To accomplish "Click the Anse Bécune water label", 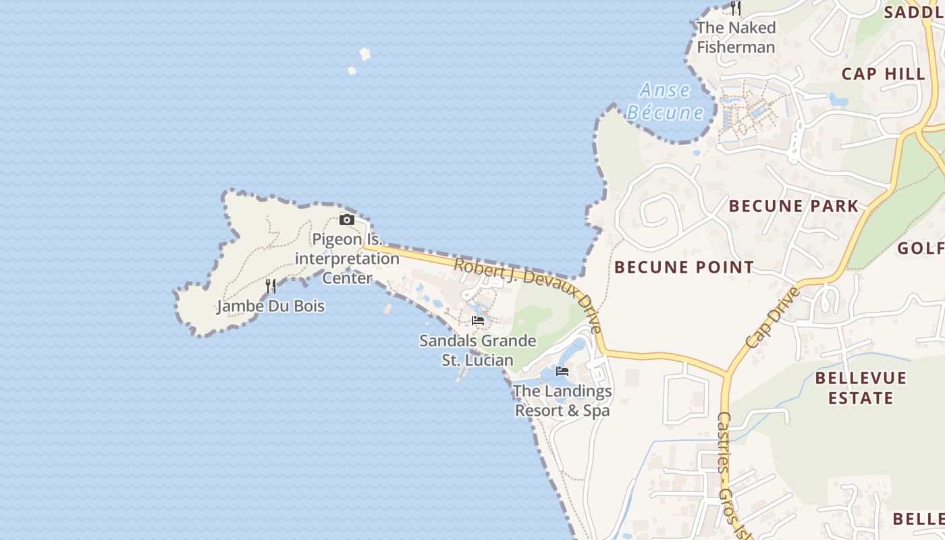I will point(666,101).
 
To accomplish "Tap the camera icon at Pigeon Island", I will point(347,219).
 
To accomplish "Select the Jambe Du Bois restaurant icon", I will point(271,286).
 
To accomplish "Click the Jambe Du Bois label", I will point(270,306).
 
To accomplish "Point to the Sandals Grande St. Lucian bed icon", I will point(478,320).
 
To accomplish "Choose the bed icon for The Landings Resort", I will point(562,371).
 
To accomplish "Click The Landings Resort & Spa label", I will point(562,400).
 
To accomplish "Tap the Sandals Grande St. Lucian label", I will point(478,350).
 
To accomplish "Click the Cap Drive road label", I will point(774,317).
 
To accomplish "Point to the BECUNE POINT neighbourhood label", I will point(684,267).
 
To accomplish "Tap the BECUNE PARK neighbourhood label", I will point(794,206).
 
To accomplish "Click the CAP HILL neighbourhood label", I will point(884,74).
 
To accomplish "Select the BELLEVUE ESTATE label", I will point(861,387).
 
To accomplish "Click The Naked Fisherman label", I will point(736,37).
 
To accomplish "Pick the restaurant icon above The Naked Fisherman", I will point(736,8).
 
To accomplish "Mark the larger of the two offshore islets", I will point(365,53).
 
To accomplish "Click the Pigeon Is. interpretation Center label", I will point(347,259).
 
